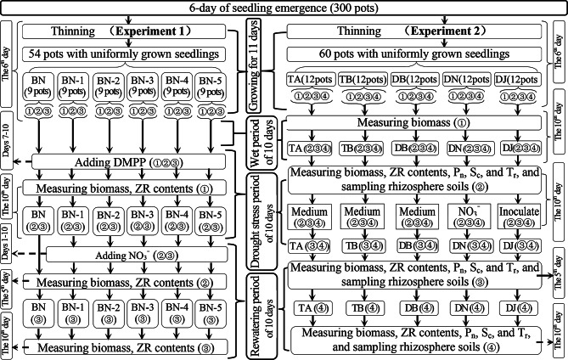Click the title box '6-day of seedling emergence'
tap(284, 8)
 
